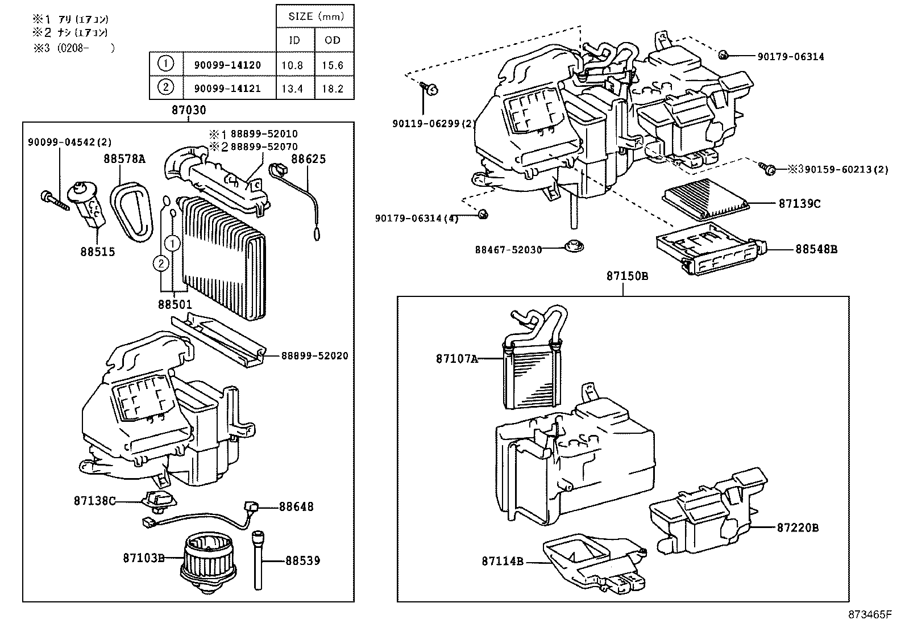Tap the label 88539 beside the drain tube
pyautogui.click(x=302, y=561)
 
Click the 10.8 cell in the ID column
pyautogui.click(x=292, y=65)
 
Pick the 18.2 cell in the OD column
pyautogui.click(x=333, y=89)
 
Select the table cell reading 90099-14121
pyautogui.click(x=227, y=89)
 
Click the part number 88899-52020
pyautogui.click(x=314, y=356)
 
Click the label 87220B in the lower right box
pyautogui.click(x=798, y=527)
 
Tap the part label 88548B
pyautogui.click(x=816, y=249)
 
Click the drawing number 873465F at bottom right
pyautogui.click(x=870, y=614)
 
